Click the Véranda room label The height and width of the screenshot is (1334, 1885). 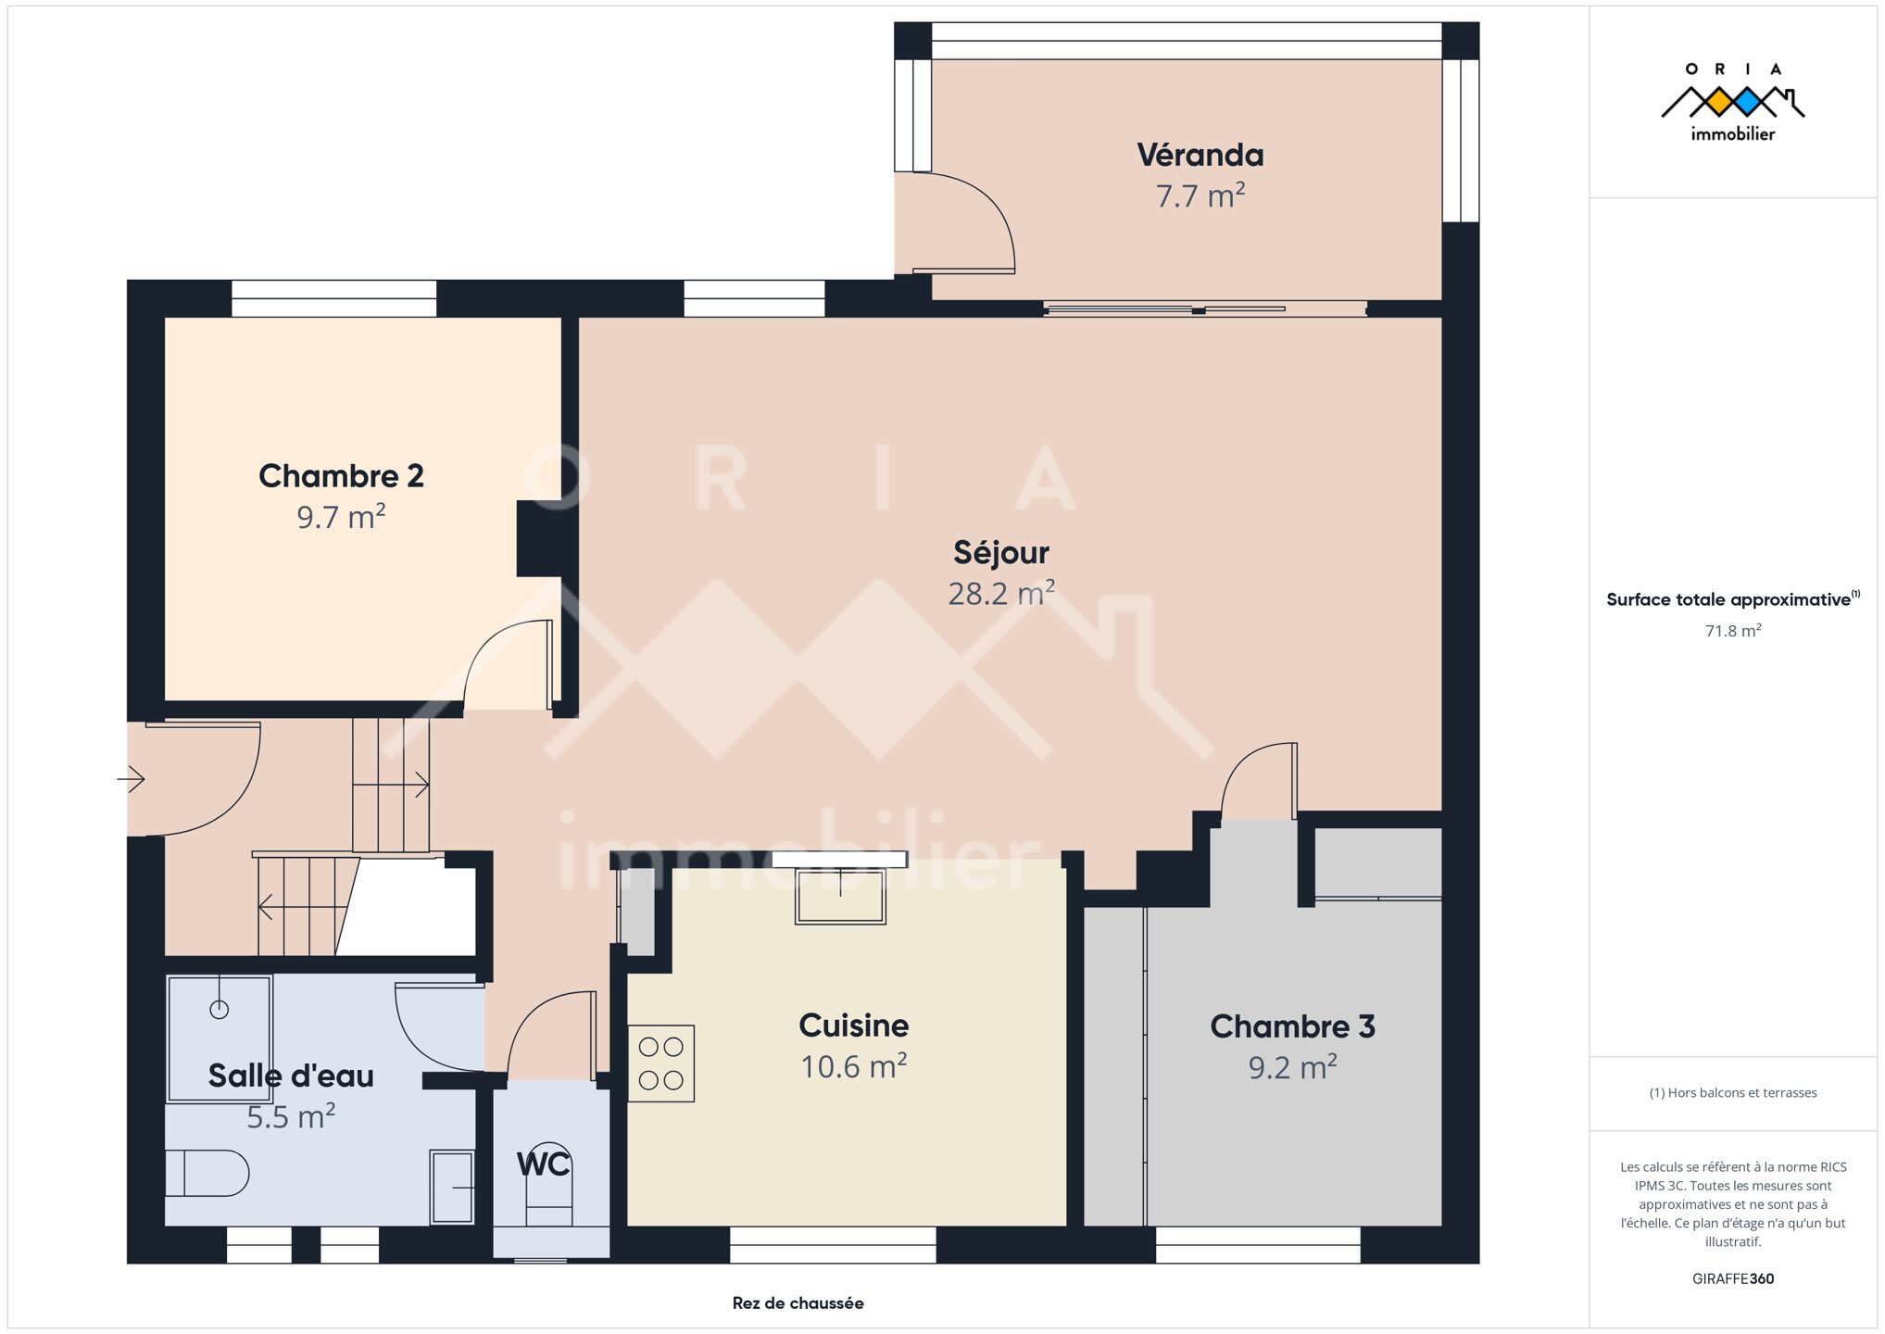coord(1200,155)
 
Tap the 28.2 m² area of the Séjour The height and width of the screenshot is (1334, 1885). coord(1001,593)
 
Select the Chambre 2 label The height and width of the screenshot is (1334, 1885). coord(341,476)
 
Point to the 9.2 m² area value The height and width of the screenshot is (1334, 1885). coord(1292,1067)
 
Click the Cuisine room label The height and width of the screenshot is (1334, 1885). coord(853,1026)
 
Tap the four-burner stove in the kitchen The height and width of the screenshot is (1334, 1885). coord(661,1063)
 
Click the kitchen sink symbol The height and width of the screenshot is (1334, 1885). coord(840,896)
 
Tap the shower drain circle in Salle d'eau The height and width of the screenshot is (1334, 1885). coord(220,1009)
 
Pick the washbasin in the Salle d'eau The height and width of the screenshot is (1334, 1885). coord(452,1187)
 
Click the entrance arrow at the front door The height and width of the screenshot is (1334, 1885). coord(132,779)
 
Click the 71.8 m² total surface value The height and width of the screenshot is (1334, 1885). coord(1733,631)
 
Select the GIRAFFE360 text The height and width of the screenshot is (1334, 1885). coord(1733,1278)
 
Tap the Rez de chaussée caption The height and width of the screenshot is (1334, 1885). coord(798,1303)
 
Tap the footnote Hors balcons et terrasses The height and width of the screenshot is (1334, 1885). coord(1733,1093)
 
